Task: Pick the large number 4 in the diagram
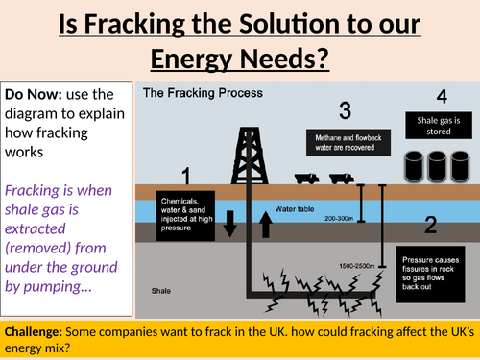tap(441, 97)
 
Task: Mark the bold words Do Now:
tap(32, 94)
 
